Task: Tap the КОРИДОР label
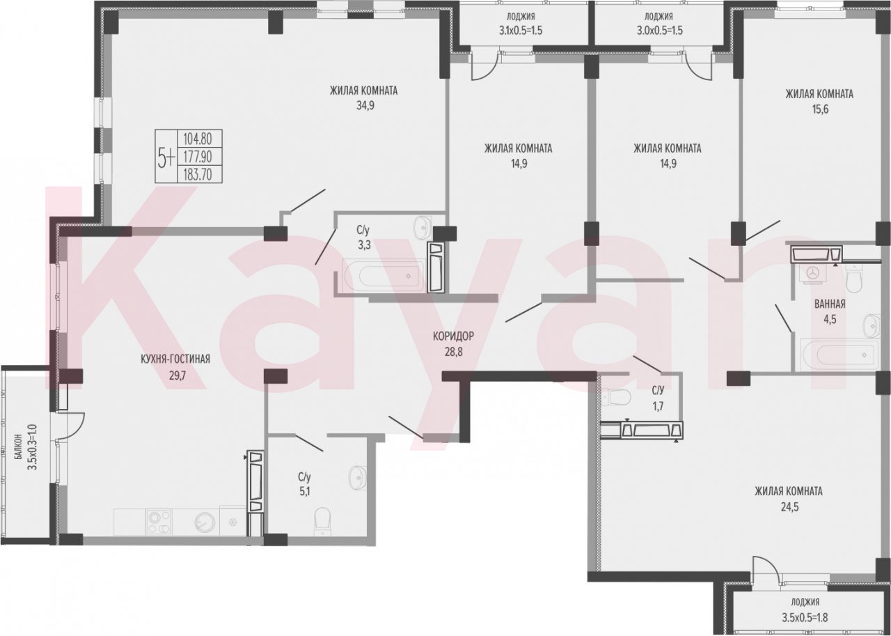[x=453, y=336]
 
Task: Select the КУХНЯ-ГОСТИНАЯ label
[x=175, y=359]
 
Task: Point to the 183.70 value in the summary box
[x=197, y=174]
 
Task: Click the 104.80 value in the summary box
[x=197, y=139]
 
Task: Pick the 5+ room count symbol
[x=166, y=157]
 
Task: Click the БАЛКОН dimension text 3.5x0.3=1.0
[x=33, y=447]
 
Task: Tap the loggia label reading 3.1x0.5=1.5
[x=521, y=31]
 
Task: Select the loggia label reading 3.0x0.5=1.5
[x=659, y=31]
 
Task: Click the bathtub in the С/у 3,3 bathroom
[x=384, y=275]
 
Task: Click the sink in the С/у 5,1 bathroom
[x=357, y=479]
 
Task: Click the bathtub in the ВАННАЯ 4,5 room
[x=839, y=354]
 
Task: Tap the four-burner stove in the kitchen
[x=159, y=522]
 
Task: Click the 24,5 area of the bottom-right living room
[x=789, y=507]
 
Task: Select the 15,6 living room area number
[x=820, y=109]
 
